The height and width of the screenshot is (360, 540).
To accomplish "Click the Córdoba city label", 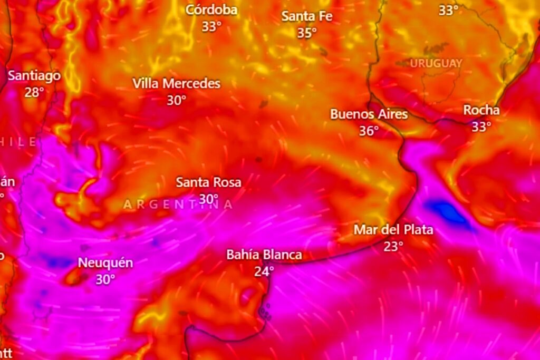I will click(x=211, y=10).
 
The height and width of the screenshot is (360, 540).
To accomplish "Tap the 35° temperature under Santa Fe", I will click(x=306, y=33).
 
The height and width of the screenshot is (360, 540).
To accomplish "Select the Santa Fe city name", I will click(x=306, y=16).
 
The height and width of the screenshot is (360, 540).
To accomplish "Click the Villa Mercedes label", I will click(x=176, y=83).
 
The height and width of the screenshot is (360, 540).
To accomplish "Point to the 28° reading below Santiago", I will click(x=34, y=92).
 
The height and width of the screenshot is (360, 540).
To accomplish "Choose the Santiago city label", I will click(x=34, y=76).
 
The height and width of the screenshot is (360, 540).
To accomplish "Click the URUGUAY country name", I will click(x=436, y=63).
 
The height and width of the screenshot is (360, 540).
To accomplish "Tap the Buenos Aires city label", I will click(x=369, y=114).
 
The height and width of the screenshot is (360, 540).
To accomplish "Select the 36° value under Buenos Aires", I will click(x=369, y=131).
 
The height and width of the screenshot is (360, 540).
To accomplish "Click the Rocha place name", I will click(x=481, y=110).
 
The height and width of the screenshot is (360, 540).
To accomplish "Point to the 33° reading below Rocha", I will click(x=481, y=127).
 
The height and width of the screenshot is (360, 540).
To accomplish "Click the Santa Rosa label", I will click(x=208, y=182).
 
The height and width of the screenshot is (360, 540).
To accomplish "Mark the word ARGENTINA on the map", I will click(x=178, y=205).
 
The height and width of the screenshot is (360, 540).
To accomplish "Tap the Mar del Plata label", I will click(x=393, y=230).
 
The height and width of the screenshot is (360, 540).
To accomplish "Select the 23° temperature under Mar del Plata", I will click(x=393, y=246).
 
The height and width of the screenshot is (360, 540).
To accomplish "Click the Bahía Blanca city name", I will click(x=264, y=255).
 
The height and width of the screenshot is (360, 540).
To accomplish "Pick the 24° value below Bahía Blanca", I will click(x=264, y=271).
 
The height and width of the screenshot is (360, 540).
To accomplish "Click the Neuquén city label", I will click(x=105, y=263).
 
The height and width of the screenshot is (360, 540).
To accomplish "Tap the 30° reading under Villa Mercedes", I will click(x=176, y=100).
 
